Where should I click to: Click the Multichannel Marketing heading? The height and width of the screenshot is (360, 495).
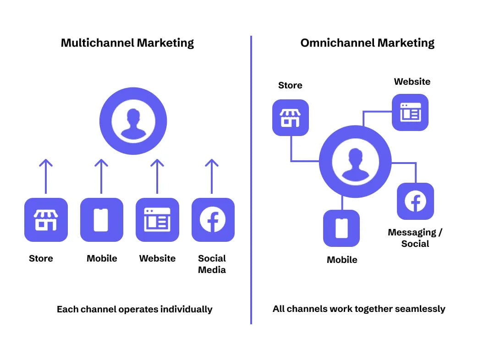[x=127, y=43]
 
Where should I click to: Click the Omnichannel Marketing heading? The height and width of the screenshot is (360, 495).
[x=368, y=43]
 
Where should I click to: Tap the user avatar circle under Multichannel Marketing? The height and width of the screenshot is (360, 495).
[x=133, y=121]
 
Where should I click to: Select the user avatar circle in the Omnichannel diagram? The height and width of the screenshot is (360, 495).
[x=355, y=162]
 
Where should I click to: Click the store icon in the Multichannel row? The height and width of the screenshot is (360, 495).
[x=46, y=220]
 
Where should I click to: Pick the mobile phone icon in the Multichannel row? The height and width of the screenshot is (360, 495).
[x=102, y=220]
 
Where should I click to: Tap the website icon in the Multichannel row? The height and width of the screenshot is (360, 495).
[x=157, y=220]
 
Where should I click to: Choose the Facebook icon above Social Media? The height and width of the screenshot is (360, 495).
[x=213, y=220]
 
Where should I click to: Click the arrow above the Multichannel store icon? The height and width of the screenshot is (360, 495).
[x=46, y=176]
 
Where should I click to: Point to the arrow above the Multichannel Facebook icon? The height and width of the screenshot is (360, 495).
[x=211, y=176]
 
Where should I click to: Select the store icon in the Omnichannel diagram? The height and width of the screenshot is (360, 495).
[x=291, y=118]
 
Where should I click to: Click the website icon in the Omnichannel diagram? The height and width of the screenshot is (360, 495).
[x=410, y=112]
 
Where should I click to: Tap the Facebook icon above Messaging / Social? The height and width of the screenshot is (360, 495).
[x=415, y=201]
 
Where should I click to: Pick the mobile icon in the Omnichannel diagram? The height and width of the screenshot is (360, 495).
[x=341, y=228]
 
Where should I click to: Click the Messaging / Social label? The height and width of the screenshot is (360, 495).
[x=415, y=238]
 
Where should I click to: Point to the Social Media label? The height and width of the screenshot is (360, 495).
[x=212, y=264]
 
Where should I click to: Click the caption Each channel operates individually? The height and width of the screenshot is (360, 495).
[x=135, y=309]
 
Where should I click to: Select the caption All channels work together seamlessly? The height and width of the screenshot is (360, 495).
[x=359, y=309]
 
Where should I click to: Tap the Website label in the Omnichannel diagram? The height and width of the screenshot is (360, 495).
[x=412, y=82]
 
